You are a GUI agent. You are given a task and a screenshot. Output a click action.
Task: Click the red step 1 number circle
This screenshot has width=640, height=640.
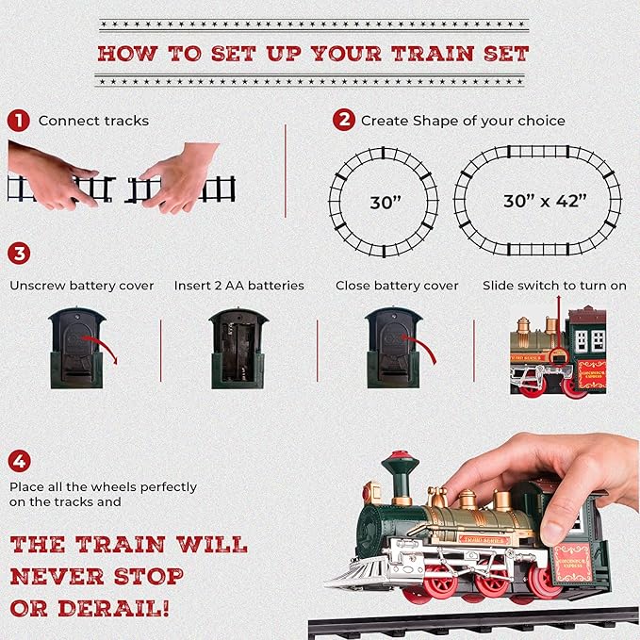click(18, 121)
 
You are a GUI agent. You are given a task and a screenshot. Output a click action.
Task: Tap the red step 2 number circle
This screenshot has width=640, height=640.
click(344, 121)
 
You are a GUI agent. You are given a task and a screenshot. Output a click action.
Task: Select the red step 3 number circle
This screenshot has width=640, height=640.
click(18, 254)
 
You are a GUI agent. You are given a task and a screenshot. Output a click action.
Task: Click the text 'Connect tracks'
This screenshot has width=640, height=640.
click(93, 121)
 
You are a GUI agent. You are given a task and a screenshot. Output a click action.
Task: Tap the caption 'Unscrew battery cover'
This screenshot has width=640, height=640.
click(81, 286)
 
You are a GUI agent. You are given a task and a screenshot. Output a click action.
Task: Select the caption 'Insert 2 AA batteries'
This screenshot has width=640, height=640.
click(238, 286)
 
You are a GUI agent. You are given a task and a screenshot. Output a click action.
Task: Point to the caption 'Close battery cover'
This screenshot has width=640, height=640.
click(397, 286)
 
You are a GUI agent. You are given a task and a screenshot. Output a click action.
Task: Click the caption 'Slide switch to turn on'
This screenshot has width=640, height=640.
click(554, 286)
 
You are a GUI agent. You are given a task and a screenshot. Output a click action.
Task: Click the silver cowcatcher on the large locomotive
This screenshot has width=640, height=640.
click(355, 574)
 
